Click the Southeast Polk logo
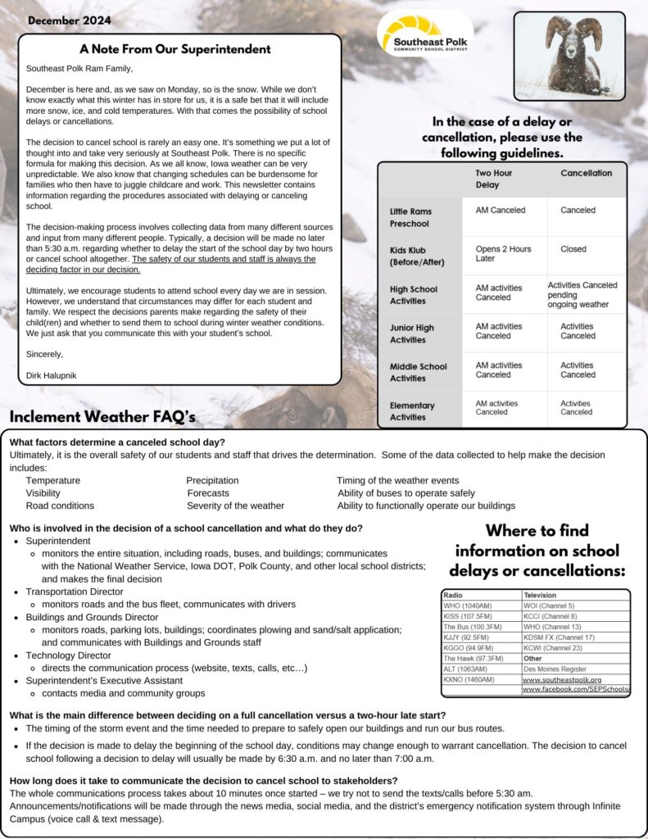[x=424, y=34]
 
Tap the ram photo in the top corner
[x=569, y=56]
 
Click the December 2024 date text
[x=70, y=20]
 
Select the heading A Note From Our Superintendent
[x=175, y=49]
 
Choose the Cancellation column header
[x=586, y=174]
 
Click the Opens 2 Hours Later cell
[x=503, y=253]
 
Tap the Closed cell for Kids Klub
[x=573, y=249]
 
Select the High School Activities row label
[x=414, y=295]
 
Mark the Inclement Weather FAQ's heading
[x=102, y=418]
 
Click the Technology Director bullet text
[x=68, y=655]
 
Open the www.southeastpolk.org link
[x=562, y=679]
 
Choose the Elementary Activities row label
[x=412, y=411]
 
